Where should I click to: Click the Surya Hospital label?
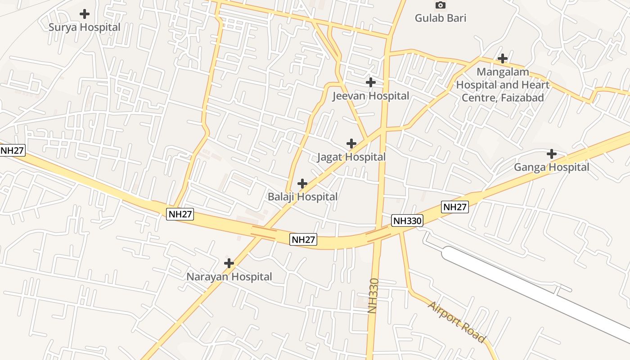coord(84,27)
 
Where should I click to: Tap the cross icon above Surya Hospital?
coord(84,14)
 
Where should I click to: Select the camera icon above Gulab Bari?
coord(441,5)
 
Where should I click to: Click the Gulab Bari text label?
coord(441,18)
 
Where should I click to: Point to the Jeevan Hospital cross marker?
coord(370,82)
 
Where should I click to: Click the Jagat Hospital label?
coord(351,157)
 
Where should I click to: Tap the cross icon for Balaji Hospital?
coord(302,184)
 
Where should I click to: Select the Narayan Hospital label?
coord(229,277)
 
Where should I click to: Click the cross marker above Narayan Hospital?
coord(229,263)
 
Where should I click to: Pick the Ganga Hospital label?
coord(551,167)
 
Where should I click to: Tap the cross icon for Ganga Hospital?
coord(551,154)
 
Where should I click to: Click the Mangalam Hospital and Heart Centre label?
coord(503,85)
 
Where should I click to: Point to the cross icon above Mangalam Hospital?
coord(503,58)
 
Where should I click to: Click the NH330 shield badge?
coord(407,220)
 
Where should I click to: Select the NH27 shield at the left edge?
coord(12,150)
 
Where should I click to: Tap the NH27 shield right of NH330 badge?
coord(455,207)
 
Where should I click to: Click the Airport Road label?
coord(456,322)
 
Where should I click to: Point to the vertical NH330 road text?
coord(373,296)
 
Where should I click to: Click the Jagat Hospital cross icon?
coord(351,144)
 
